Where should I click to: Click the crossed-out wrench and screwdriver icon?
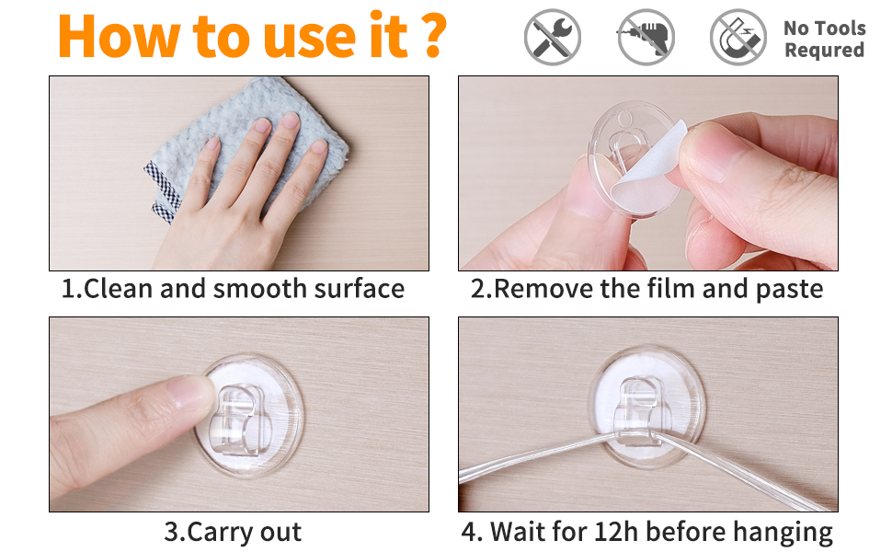click(x=553, y=37)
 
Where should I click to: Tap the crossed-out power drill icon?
click(x=646, y=37)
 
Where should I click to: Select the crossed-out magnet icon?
click(x=738, y=37)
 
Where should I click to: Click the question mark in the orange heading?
click(x=435, y=35)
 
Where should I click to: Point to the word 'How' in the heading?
click(x=119, y=36)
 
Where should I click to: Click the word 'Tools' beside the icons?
click(x=840, y=28)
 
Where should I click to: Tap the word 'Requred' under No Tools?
click(x=824, y=50)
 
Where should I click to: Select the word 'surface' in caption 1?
click(x=359, y=289)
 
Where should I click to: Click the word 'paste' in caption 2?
click(x=789, y=290)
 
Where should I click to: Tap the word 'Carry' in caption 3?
click(x=220, y=533)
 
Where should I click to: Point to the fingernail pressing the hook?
click(x=191, y=392)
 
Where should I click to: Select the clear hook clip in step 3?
click(x=239, y=420)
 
